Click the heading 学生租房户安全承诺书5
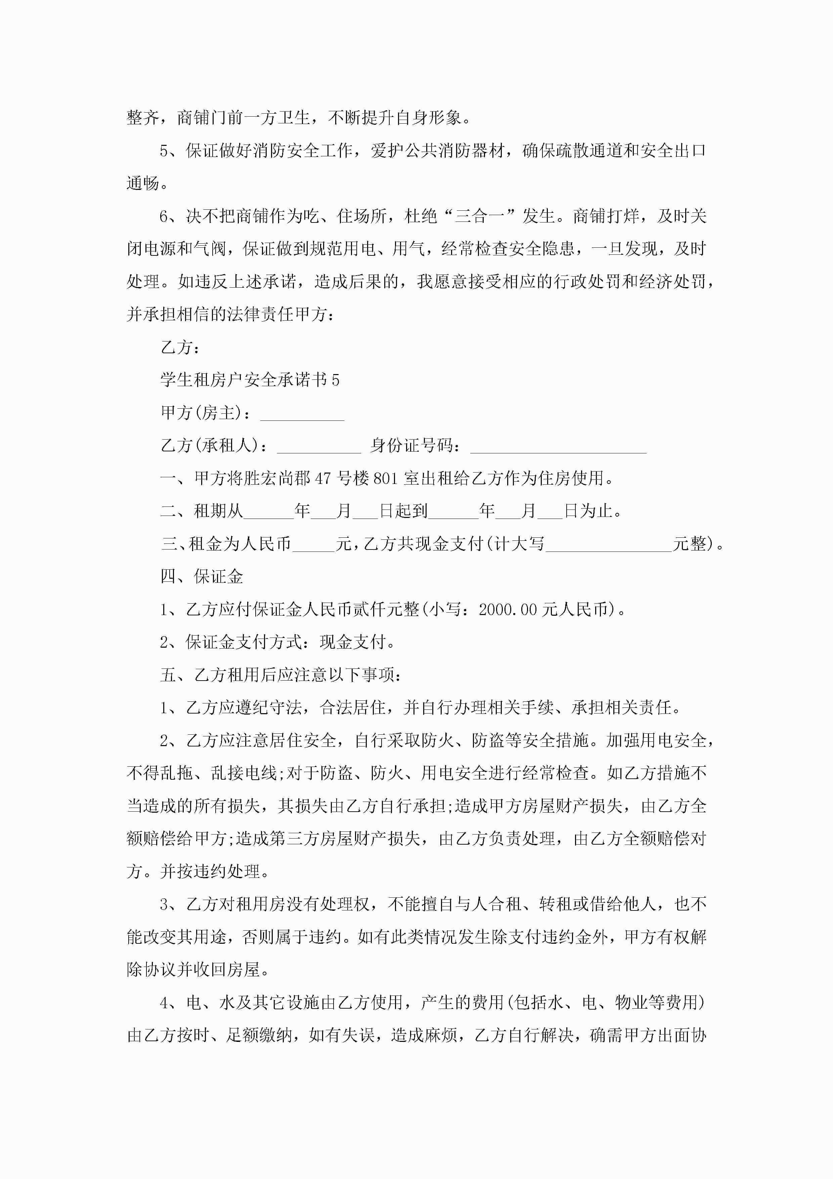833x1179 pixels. [250, 380]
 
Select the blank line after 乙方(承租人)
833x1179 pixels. [319, 446]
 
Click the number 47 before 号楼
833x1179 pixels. [323, 479]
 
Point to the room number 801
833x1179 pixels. [386, 479]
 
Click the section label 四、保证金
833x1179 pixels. [202, 577]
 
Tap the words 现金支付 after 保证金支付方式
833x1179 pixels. [352, 642]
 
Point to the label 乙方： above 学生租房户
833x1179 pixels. [180, 348]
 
